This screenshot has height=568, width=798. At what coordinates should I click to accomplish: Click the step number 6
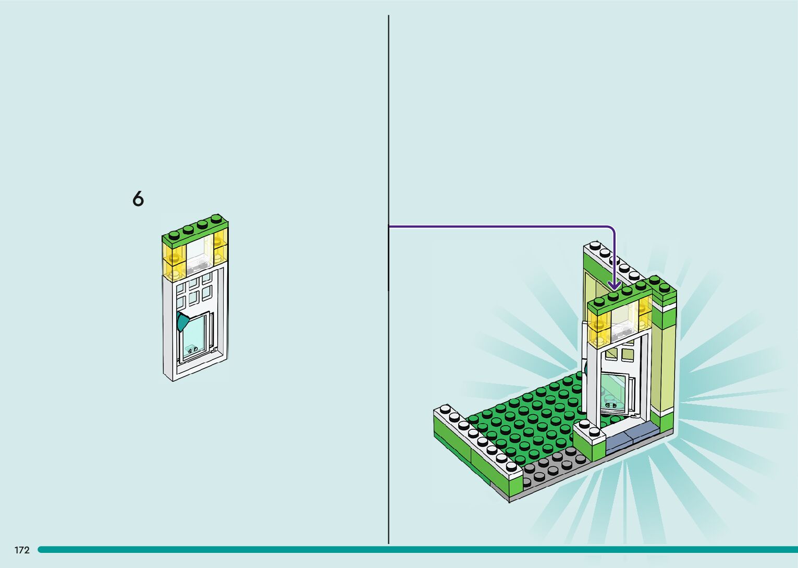coord(138,199)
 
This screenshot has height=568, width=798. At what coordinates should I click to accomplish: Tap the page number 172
coord(22,550)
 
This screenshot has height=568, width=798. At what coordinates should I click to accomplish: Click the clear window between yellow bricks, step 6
coord(198,255)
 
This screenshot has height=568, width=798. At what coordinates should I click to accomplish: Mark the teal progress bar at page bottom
coord(417,549)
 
